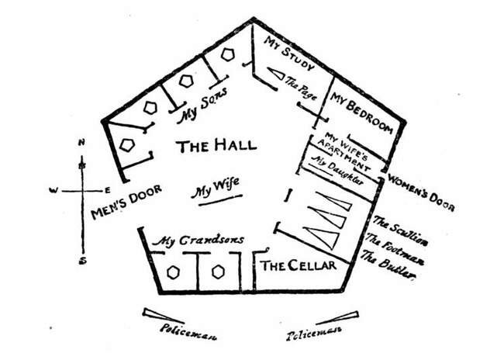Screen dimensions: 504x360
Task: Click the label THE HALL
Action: (216, 145)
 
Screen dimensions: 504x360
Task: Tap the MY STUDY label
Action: (289, 53)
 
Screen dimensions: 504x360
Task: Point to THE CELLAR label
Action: (299, 266)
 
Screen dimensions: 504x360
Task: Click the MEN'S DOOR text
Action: (126, 202)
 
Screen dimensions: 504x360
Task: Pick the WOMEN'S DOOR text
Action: (421, 192)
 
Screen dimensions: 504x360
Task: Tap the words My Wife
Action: (215, 188)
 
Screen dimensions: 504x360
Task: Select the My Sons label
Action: (202, 106)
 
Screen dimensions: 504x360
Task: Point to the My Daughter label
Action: (337, 170)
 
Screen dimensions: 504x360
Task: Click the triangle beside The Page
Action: (276, 74)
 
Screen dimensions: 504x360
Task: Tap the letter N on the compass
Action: (81, 142)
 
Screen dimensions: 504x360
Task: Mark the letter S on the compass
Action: (83, 261)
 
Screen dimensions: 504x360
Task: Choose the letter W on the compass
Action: (53, 190)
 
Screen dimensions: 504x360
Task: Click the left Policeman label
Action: (188, 332)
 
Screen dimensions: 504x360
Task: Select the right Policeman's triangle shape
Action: (338, 318)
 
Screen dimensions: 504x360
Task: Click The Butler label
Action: (387, 264)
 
